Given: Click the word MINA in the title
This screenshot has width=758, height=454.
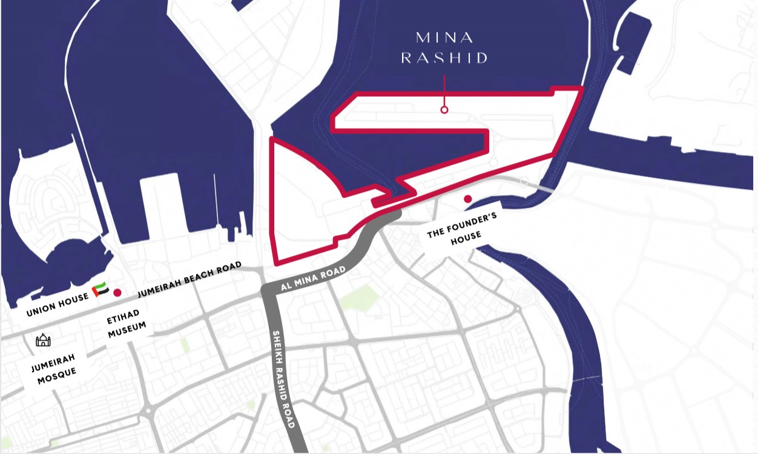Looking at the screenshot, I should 444,38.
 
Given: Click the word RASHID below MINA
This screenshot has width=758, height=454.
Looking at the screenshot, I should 444,58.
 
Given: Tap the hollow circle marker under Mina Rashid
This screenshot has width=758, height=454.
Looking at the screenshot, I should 444,110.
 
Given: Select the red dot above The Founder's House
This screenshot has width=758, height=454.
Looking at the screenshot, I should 467,198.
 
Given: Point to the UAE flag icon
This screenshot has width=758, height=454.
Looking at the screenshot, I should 101,290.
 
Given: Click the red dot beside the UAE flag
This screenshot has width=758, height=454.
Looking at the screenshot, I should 117,292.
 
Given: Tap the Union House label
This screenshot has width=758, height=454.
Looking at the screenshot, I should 58,305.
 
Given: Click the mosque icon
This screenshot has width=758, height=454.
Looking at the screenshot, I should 43,339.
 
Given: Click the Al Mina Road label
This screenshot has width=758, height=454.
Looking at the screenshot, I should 314,278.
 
